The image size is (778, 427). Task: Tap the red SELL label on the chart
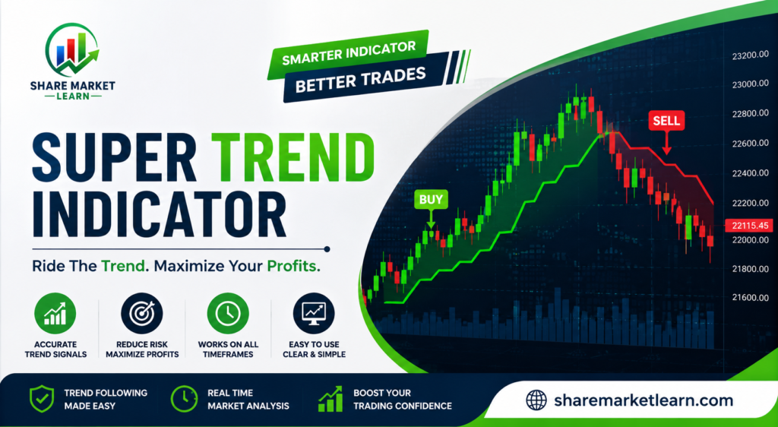coord(666,120)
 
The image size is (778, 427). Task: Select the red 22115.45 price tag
coord(749,225)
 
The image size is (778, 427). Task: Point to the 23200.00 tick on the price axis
coord(750,55)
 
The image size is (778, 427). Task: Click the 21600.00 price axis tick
coord(750,297)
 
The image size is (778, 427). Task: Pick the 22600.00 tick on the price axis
coord(750,144)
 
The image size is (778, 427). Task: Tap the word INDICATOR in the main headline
coord(159,213)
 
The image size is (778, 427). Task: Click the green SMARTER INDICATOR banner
coord(348,55)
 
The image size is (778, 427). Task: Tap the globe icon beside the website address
coord(536,400)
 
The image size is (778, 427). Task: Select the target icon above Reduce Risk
coord(142,313)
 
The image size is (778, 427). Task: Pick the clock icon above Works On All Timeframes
coord(228,313)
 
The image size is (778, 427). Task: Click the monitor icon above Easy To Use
coord(314,313)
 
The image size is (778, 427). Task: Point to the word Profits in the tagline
coord(293,266)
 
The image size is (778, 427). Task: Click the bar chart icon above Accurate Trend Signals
coord(55,313)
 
